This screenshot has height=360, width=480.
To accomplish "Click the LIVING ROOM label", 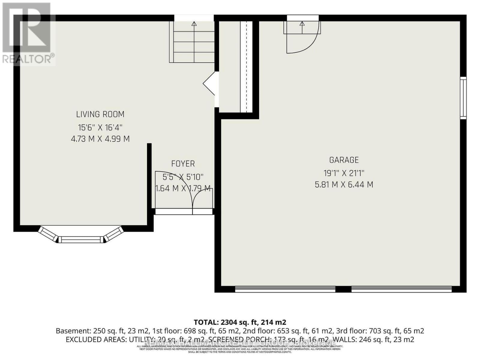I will [100, 114].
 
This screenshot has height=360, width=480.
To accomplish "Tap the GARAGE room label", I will [344, 160].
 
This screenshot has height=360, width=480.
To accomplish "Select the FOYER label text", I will [183, 164].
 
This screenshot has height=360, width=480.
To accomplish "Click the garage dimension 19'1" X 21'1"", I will [344, 173].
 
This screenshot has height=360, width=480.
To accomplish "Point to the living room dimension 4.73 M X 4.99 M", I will [100, 139].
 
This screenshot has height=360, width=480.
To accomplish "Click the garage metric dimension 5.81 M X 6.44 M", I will [344, 184].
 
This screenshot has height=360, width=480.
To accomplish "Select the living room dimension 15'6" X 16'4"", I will [100, 128].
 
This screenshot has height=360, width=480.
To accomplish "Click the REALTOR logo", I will [28, 33].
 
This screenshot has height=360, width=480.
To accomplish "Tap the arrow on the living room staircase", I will [194, 24].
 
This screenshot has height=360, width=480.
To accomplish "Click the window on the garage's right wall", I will [463, 98].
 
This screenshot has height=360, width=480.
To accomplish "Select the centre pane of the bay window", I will [80, 239].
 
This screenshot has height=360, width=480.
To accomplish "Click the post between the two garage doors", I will [343, 289].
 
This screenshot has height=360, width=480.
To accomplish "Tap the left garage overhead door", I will [285, 289].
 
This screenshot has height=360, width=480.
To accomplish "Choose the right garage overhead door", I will [401, 289].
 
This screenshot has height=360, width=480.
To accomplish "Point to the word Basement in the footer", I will [72, 331].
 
